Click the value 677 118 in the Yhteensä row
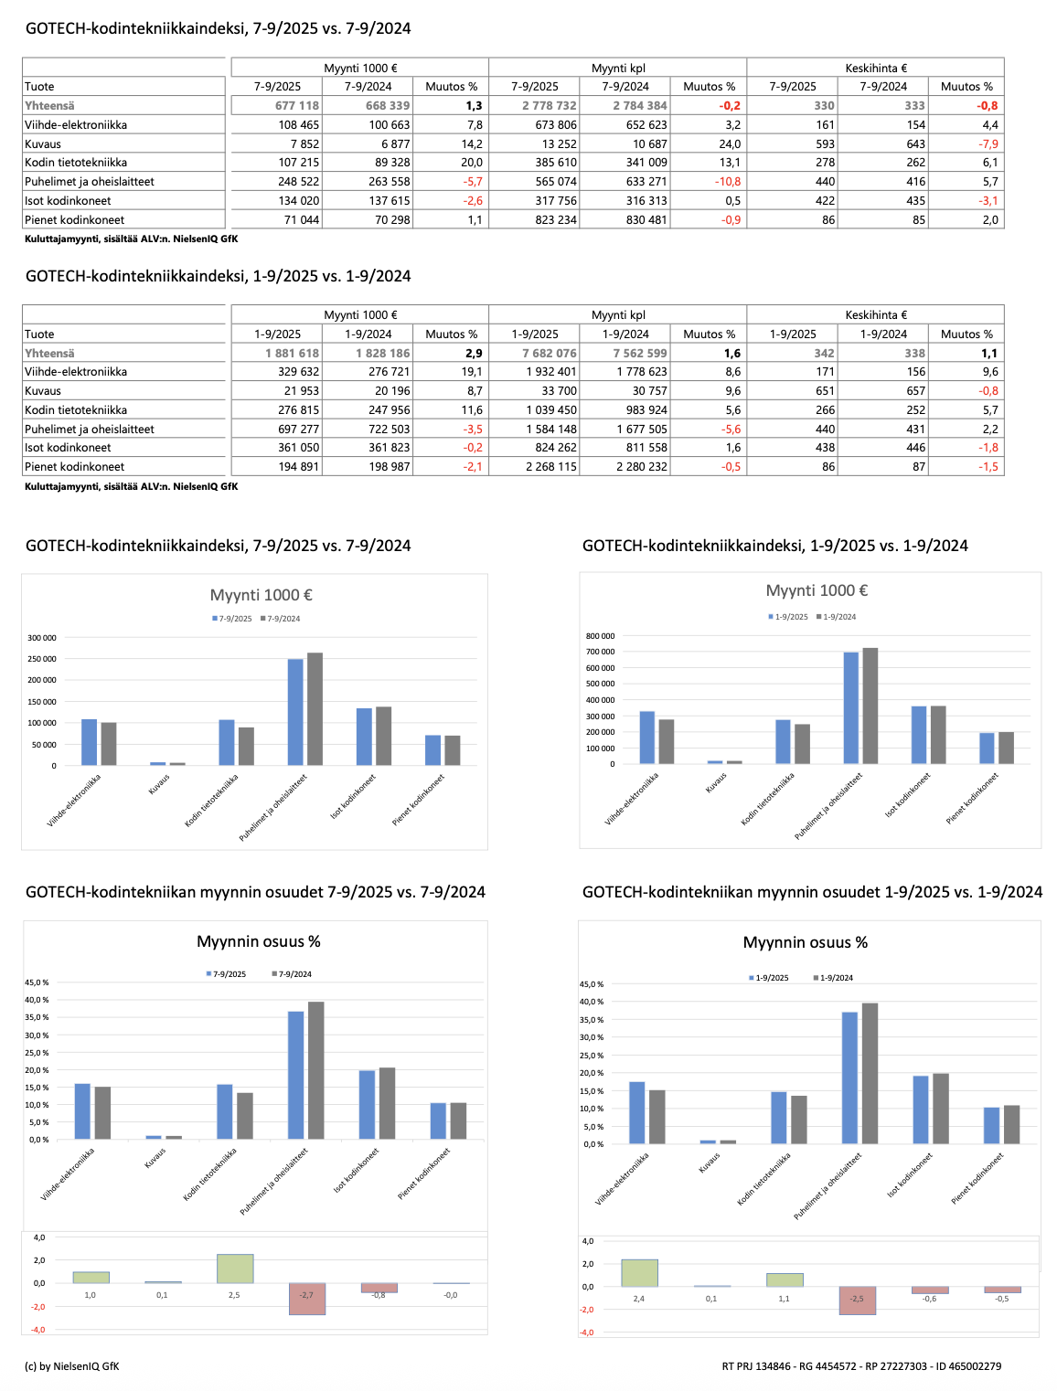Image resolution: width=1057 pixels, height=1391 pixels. point(297,106)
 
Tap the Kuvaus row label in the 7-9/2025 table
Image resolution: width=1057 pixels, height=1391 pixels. point(43,144)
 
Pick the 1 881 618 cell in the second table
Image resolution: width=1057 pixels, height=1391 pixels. point(293,354)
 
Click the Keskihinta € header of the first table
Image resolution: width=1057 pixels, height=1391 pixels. point(875,68)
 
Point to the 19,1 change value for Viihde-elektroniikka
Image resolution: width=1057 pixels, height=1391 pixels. point(472,372)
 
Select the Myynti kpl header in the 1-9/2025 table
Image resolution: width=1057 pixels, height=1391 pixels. point(618,315)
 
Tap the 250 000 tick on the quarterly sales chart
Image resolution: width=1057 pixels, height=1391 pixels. point(42,659)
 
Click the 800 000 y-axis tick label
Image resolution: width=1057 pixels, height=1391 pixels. point(600,636)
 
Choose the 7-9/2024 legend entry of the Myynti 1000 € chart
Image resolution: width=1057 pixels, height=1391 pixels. point(281,619)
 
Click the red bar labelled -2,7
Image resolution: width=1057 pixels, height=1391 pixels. point(306,1300)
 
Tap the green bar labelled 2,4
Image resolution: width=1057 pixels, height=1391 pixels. point(639,1273)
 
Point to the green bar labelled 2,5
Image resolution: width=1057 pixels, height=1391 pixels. point(234,1269)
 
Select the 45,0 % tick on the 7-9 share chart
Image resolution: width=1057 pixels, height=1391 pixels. point(37,982)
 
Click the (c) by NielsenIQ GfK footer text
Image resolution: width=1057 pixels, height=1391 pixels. point(71,1366)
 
